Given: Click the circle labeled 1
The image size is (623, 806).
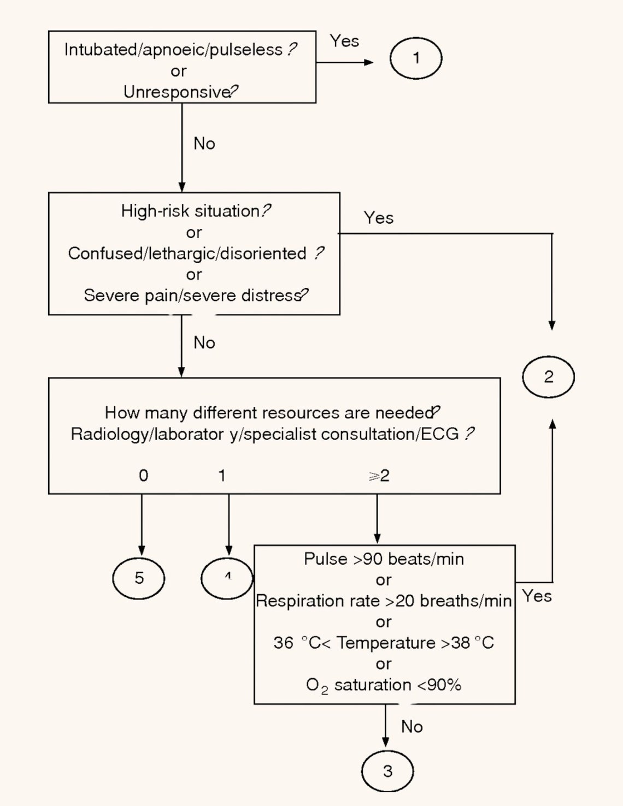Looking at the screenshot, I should coord(415,58).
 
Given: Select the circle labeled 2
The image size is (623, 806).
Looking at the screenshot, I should coord(548,377).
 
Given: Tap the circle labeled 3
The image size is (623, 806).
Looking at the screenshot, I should coord(387,771).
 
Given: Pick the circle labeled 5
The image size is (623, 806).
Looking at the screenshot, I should coord(139,578).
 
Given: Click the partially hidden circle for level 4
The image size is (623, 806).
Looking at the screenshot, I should coord(226,578).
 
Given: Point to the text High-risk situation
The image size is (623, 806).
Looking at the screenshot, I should coord(190,211).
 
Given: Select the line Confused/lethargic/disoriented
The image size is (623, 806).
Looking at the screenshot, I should coord(187,253).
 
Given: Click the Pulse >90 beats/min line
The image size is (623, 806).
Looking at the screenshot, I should coord(384,559).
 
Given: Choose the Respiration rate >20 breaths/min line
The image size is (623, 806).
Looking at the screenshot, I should coord(384,601).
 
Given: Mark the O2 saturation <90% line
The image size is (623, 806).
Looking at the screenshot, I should coord(384,685).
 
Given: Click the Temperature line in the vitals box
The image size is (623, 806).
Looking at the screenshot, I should coord(384,643).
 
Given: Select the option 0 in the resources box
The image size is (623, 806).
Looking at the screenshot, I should coord(143,476).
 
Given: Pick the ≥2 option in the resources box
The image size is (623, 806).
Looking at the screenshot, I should coord(379,476).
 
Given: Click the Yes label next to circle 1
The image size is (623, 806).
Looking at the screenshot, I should coord(344,41).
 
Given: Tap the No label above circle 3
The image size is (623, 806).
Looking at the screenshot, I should coord(412,727).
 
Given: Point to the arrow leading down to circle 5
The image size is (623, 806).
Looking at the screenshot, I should coord(142,524).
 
